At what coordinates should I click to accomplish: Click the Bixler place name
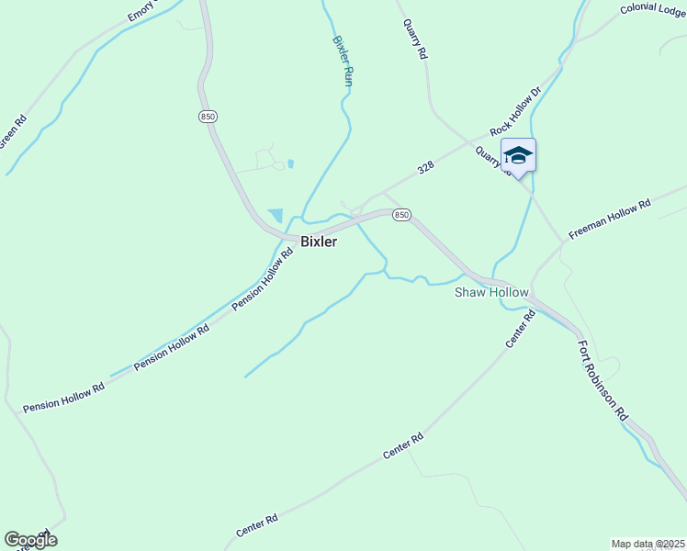point(319,242)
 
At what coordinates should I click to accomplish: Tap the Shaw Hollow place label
point(491,292)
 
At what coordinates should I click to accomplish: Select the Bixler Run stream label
point(343,62)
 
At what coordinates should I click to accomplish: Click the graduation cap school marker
point(518,154)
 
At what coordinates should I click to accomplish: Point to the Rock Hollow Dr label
point(517,119)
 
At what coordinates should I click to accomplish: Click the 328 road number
point(425,168)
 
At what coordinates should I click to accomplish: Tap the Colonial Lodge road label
point(653,8)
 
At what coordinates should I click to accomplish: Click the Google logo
point(30,540)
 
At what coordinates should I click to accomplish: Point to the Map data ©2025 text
point(648,544)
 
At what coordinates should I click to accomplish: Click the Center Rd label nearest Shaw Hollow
point(520,329)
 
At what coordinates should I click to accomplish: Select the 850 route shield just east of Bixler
point(400,215)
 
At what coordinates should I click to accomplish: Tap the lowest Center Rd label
point(256,526)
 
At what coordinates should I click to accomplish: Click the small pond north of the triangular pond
point(290,163)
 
